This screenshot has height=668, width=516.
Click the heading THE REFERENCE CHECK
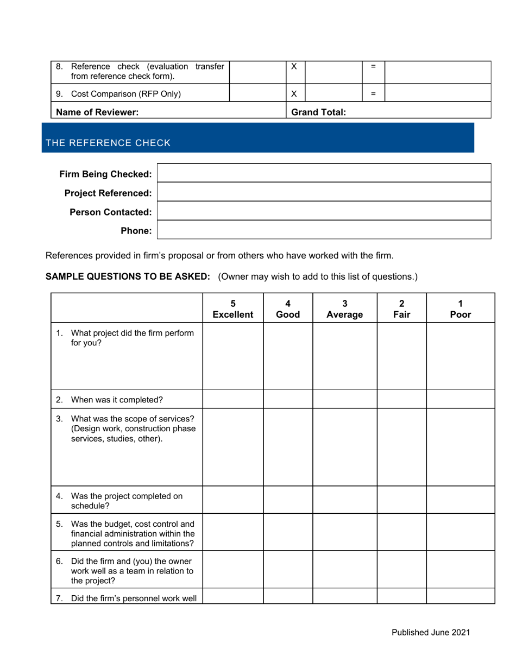pos(108,143)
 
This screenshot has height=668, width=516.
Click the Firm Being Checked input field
pos(324,173)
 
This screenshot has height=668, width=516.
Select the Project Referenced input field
pos(324,192)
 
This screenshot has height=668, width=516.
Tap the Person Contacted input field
pos(324,211)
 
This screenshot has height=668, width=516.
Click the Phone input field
pos(324,230)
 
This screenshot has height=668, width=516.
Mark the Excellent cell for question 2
pos(232,399)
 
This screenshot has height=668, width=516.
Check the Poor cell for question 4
pos(460,500)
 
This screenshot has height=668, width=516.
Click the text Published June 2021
pos(431,632)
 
